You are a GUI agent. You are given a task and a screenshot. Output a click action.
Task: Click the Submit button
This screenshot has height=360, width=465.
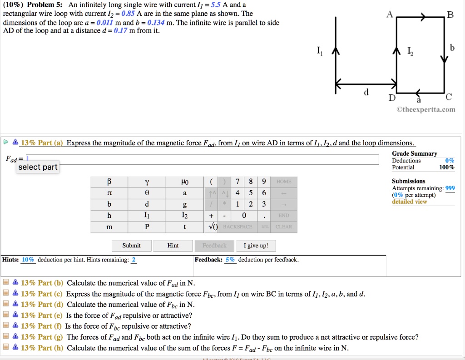131,246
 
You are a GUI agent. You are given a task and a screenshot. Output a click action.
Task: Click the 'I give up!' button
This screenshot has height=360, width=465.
256,246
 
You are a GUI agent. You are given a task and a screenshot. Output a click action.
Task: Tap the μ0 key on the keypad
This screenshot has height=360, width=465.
184,182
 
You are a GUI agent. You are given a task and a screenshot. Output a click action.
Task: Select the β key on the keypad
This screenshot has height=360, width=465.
109,182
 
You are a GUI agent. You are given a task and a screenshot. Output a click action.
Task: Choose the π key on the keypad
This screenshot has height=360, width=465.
109,193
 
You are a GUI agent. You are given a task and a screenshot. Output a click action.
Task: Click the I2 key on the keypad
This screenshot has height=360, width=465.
184,216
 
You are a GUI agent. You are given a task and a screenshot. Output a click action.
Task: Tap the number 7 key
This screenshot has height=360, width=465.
238,182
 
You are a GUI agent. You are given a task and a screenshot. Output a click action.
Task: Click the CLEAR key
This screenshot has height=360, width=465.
284,227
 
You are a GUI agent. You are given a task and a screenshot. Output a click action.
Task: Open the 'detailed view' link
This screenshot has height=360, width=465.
409,202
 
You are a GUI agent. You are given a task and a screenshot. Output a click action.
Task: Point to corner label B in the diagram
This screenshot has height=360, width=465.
450,14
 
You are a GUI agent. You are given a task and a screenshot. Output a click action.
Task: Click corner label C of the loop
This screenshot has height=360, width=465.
449,97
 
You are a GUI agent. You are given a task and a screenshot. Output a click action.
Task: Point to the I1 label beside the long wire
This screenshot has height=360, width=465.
320,51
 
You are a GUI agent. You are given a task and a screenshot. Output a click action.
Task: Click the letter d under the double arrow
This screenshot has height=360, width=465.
366,93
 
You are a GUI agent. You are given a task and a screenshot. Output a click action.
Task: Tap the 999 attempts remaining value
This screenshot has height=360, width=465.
450,188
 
